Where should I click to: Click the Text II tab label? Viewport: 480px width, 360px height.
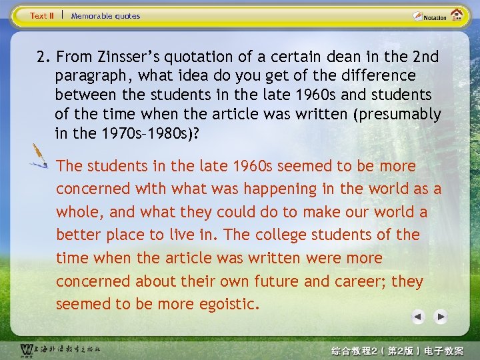coord(42,15)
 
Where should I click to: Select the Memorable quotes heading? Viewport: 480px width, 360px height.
coord(105,15)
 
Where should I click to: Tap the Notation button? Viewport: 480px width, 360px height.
coord(429,16)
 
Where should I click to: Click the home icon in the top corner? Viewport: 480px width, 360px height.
coord(457,15)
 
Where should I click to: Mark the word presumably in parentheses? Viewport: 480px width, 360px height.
coord(400,114)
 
